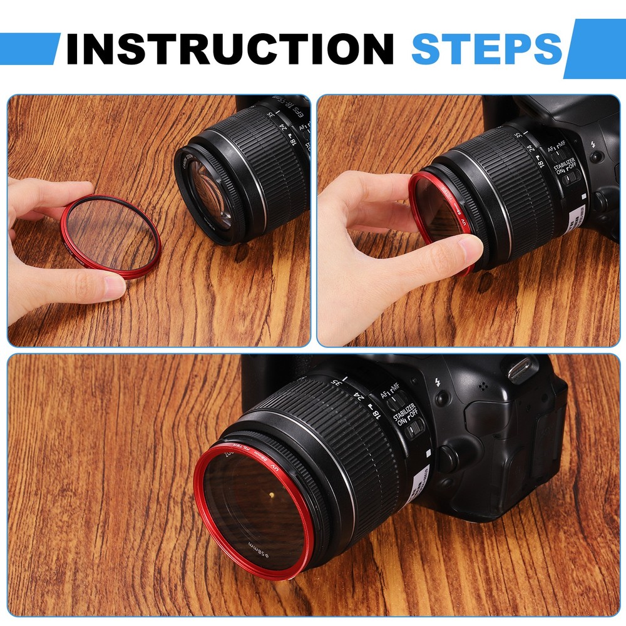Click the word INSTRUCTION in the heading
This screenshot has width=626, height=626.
click(x=229, y=48)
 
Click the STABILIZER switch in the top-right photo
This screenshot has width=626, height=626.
click(x=569, y=179)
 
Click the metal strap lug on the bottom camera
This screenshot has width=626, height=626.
click(x=520, y=370)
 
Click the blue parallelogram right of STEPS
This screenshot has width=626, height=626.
click(x=594, y=48)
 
